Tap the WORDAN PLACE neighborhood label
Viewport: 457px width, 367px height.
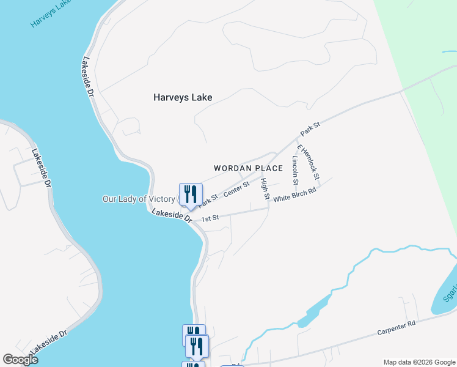(248, 168)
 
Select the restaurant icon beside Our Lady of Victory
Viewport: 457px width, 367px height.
(191, 195)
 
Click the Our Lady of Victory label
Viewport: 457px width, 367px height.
(139, 199)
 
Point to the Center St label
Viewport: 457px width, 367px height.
(236, 189)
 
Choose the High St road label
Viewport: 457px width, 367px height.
(265, 189)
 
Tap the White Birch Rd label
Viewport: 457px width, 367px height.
(294, 195)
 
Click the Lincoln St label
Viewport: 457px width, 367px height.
(294, 170)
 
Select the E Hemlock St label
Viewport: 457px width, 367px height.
(308, 162)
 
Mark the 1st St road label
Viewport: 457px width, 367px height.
(210, 218)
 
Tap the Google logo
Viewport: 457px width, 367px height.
(20, 359)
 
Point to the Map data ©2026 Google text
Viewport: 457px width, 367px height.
(419, 362)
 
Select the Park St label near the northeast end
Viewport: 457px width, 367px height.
(310, 129)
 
